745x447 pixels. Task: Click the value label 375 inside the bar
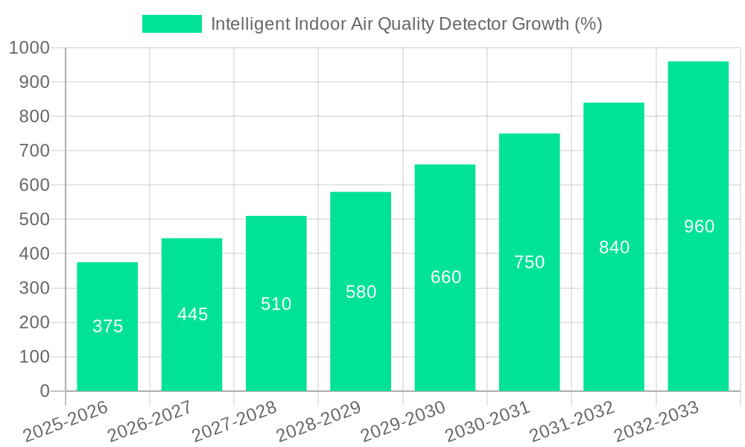[x=107, y=326]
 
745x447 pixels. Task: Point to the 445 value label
[x=192, y=314]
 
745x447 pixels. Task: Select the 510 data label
[x=276, y=304]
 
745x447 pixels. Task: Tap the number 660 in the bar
[x=446, y=277]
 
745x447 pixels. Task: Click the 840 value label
[x=614, y=247]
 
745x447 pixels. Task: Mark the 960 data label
[x=699, y=226]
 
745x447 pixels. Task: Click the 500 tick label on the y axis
[x=34, y=220]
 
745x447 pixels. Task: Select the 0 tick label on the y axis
[x=45, y=391]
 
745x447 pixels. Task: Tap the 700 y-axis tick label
[x=34, y=151]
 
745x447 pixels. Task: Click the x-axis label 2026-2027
[x=150, y=422]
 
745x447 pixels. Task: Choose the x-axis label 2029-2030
[x=403, y=422]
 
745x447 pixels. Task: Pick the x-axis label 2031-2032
[x=571, y=422]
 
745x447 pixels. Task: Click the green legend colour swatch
[x=172, y=24]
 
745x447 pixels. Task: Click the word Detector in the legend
[x=472, y=24]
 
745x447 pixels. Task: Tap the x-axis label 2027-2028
[x=234, y=422]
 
